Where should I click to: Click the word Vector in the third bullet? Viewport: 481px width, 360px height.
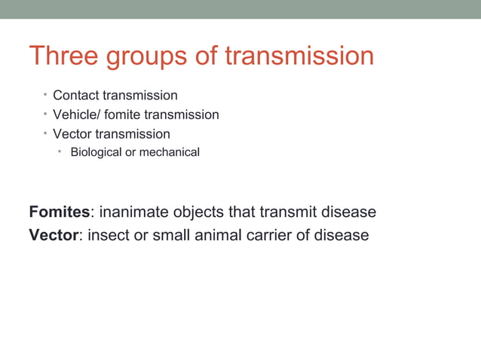click(x=72, y=134)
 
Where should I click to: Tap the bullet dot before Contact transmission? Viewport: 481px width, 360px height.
click(x=45, y=95)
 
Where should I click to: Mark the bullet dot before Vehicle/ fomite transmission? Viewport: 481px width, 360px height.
click(x=45, y=114)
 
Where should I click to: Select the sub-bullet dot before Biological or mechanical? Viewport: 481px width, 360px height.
click(x=63, y=152)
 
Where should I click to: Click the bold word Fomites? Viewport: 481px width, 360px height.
click(x=59, y=212)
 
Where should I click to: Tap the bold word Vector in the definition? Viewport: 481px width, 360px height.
click(x=54, y=235)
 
